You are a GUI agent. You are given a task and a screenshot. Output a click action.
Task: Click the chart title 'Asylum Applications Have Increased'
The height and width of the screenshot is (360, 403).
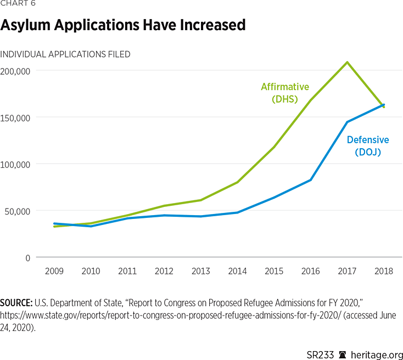[x=122, y=25]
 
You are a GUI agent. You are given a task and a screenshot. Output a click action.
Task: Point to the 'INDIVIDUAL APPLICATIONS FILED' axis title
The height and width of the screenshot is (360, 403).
[x=65, y=54]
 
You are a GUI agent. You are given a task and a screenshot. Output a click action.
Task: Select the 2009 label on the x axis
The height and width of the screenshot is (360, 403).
[x=54, y=272]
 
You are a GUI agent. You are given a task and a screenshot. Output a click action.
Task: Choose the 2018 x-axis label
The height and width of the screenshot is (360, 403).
[x=383, y=272]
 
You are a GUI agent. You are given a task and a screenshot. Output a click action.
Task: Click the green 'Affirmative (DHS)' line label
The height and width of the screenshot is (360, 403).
[x=284, y=93]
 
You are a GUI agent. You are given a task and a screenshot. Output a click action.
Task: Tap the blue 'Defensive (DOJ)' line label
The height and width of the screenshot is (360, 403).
[x=368, y=146]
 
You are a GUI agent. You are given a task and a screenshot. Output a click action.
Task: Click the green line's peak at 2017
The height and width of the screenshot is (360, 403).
[x=347, y=62]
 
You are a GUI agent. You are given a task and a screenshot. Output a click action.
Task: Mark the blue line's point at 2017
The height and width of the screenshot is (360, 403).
[x=347, y=122]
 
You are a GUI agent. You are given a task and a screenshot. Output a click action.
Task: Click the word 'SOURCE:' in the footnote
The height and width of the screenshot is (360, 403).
[x=16, y=302]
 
